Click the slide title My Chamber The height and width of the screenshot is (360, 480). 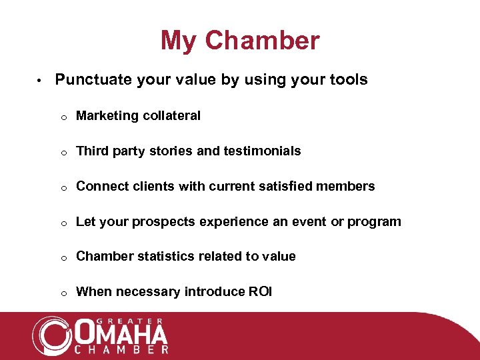coord(240,41)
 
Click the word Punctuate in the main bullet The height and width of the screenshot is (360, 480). coord(93,80)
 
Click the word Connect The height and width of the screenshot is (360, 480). coord(100,187)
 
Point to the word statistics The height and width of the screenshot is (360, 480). coord(153,257)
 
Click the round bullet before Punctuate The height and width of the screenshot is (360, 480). coord(40,81)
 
